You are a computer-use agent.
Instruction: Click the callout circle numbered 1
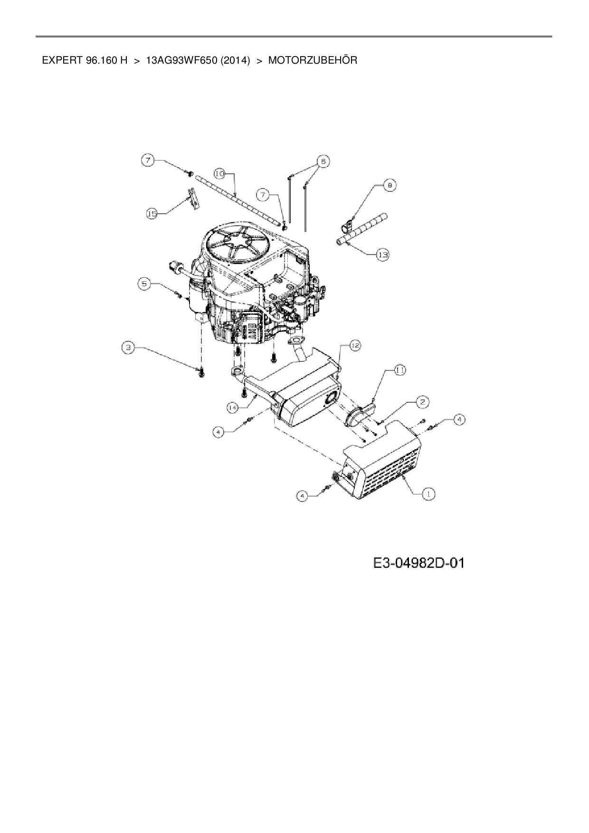point(429,494)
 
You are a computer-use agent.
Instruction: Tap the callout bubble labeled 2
point(422,402)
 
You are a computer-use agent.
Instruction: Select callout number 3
point(127,348)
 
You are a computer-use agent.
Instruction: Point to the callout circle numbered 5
point(144,284)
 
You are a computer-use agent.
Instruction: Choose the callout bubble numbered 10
point(219,173)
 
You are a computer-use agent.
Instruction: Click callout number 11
point(399,370)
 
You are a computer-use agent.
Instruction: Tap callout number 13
point(382,255)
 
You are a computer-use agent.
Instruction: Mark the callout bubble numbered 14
point(232,407)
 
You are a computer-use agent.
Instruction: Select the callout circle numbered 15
point(152,214)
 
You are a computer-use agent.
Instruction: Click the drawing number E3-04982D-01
point(418,563)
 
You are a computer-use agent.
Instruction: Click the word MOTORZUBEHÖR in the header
point(313,61)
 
